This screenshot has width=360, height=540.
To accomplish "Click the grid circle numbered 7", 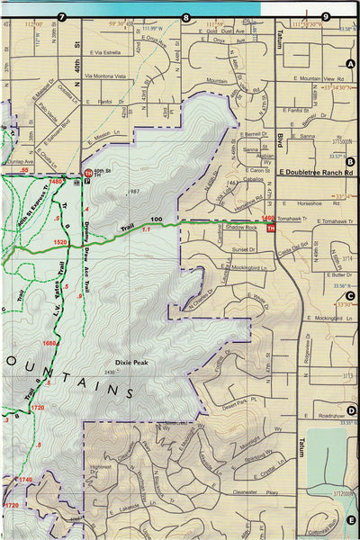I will click(61, 16).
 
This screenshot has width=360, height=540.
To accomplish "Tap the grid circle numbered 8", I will click(187, 16).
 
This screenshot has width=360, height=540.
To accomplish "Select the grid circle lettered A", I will click(350, 63).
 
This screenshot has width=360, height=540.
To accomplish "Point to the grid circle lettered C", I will click(350, 295).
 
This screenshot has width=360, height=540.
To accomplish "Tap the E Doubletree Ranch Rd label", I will click(316, 170).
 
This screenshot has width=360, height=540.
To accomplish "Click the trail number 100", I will click(157, 220).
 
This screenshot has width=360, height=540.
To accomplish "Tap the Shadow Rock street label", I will click(241, 228).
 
